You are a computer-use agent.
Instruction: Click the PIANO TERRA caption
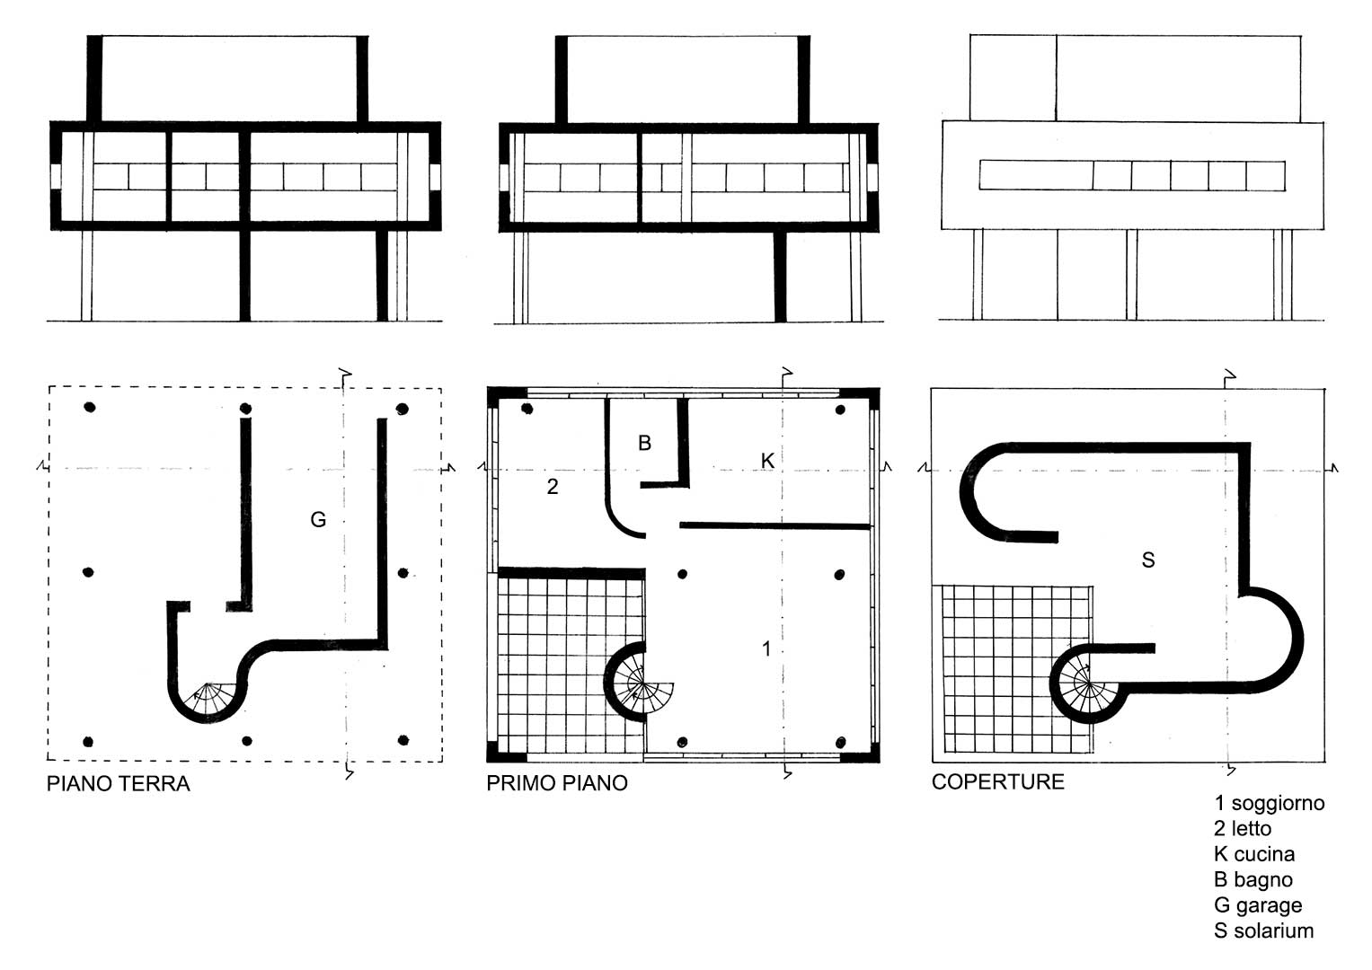(x=119, y=784)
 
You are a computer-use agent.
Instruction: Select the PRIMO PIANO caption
(x=557, y=783)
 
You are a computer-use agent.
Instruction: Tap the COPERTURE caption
(x=997, y=782)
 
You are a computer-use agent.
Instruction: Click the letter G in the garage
(x=318, y=520)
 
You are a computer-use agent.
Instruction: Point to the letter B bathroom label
(x=644, y=443)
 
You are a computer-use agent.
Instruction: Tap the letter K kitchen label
(x=767, y=461)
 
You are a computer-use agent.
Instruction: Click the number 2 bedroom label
(x=553, y=487)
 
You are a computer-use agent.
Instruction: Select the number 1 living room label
(x=766, y=648)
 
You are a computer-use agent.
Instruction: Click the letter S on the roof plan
(x=1148, y=560)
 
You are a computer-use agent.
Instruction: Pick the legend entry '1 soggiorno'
(x=1269, y=803)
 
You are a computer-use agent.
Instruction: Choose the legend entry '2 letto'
(x=1242, y=828)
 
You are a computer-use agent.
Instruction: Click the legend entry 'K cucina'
(x=1253, y=854)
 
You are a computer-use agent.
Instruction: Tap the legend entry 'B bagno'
(x=1253, y=880)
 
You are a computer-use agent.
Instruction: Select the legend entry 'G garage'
(x=1258, y=905)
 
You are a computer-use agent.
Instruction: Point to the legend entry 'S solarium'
(x=1263, y=930)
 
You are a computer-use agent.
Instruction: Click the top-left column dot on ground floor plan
(x=90, y=407)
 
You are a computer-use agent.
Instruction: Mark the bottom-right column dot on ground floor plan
(x=403, y=740)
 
